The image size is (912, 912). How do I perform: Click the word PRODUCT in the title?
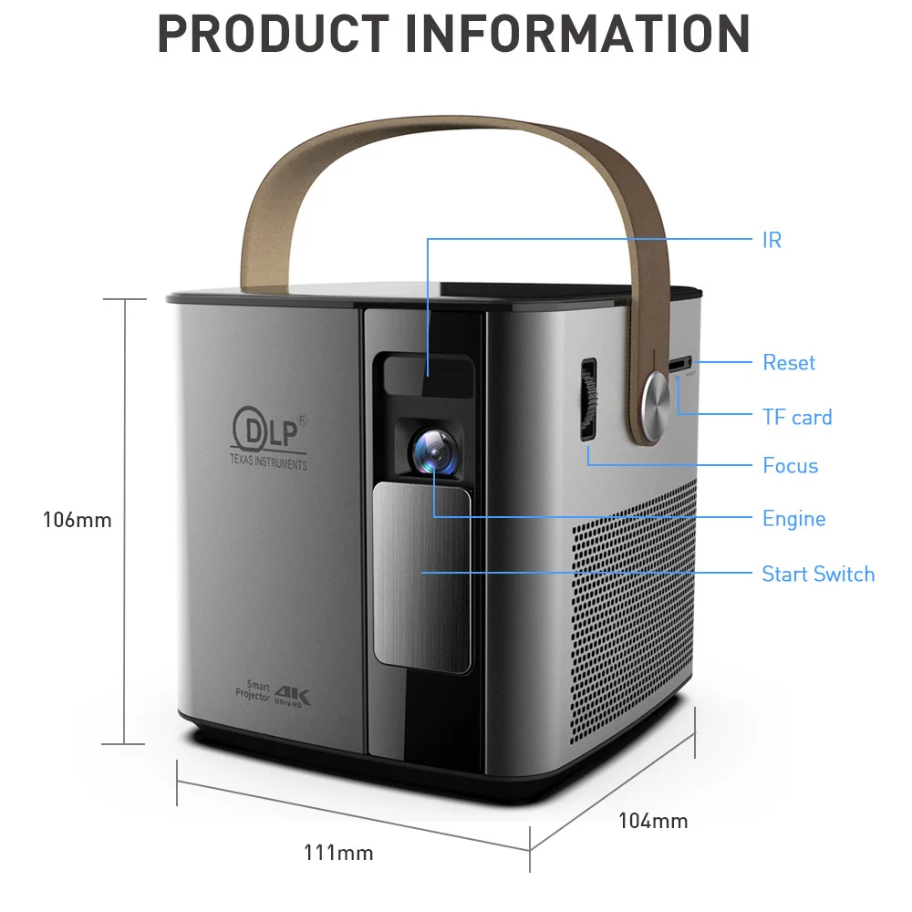click(x=274, y=35)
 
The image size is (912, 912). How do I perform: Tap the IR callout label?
click(x=772, y=240)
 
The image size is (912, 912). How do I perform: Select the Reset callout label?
click(x=789, y=362)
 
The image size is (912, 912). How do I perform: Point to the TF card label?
click(x=797, y=417)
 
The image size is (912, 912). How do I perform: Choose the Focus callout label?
click(x=791, y=465)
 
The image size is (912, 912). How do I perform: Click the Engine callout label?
click(x=794, y=519)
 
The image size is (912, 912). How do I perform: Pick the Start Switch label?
click(x=818, y=574)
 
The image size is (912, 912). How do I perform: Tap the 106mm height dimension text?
click(x=78, y=520)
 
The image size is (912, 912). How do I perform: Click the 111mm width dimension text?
click(x=338, y=854)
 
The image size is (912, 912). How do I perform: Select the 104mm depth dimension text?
click(x=653, y=821)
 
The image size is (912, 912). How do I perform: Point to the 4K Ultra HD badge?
click(x=292, y=697)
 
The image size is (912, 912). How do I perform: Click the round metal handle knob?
click(x=656, y=402)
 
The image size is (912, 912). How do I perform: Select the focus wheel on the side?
click(x=589, y=399)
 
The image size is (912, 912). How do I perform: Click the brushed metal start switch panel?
click(x=421, y=579)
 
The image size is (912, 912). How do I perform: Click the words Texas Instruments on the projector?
click(x=268, y=462)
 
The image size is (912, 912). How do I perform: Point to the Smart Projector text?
click(x=254, y=691)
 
